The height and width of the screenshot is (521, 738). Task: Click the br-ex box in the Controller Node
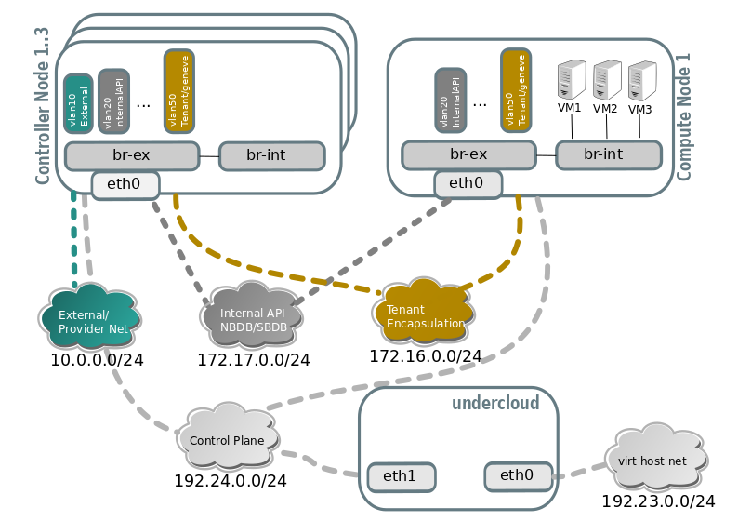[132, 155]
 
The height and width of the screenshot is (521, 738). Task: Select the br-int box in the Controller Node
[271, 155]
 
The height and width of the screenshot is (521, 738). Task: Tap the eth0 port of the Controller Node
[125, 184]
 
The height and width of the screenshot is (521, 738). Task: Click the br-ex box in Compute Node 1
[468, 154]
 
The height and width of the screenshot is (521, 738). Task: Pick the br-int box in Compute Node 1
[608, 154]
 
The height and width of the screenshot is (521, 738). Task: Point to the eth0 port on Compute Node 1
[467, 183]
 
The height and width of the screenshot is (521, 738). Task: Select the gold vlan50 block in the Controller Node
[178, 90]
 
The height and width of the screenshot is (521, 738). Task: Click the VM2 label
[605, 109]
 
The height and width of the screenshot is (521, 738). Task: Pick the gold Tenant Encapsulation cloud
[423, 314]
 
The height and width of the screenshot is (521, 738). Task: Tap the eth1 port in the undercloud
[401, 476]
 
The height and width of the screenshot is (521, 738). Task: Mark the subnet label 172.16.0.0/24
[425, 356]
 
